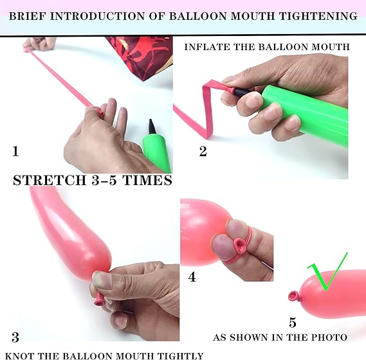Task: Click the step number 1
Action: [15, 151]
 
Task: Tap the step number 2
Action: [203, 151]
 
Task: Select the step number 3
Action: [15, 337]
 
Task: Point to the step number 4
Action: [192, 277]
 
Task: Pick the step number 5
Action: [293, 323]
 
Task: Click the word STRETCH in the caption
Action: [50, 181]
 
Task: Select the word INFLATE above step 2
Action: [207, 47]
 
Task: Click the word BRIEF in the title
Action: [27, 16]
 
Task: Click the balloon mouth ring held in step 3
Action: [99, 301]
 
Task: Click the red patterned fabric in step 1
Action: [142, 56]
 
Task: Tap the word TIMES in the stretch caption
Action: [147, 181]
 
